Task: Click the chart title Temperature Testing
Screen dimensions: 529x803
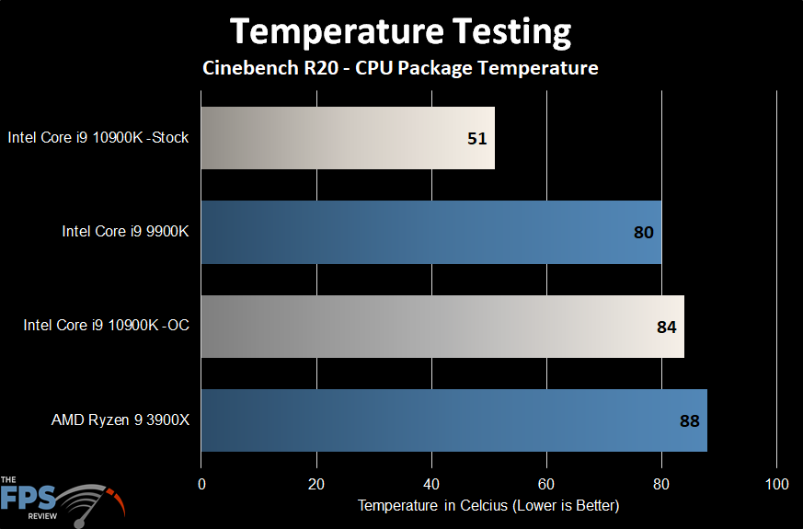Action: [400, 32]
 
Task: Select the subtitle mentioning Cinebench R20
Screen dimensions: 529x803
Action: [400, 68]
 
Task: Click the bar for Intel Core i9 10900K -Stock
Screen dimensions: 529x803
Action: [348, 138]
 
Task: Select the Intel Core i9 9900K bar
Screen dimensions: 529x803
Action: [430, 232]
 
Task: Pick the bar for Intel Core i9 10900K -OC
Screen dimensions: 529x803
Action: [442, 327]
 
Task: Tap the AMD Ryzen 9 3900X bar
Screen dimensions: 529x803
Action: [453, 420]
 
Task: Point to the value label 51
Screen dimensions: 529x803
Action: [476, 139]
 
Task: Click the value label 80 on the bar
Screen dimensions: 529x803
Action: [644, 233]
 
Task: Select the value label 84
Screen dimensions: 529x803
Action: [666, 327]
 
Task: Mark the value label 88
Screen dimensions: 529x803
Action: [689, 421]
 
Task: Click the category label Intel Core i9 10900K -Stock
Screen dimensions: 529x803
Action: [98, 138]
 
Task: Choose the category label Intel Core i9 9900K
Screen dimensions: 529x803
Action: [125, 232]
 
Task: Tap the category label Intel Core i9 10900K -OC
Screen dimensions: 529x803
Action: [107, 327]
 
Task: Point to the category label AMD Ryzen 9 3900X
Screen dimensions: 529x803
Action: [120, 420]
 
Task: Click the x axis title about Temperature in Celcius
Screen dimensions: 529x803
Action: [488, 506]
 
